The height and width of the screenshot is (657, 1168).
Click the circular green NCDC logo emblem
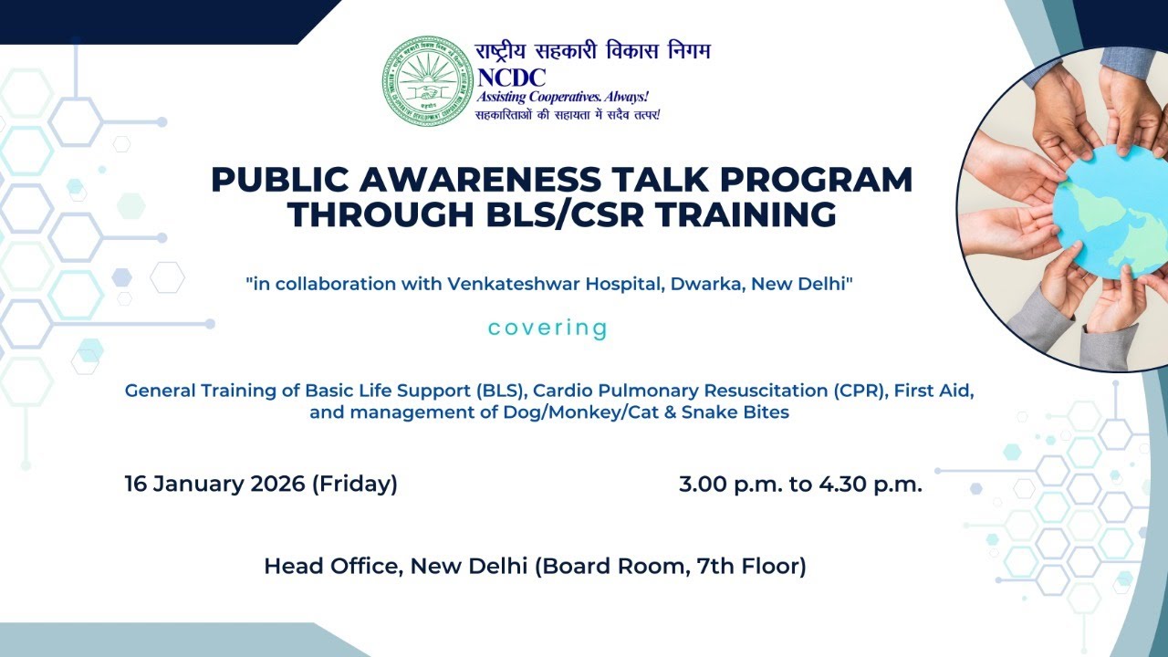[427, 80]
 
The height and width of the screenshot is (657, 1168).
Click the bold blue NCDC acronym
[511, 78]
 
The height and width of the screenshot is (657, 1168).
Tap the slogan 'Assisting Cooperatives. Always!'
[563, 97]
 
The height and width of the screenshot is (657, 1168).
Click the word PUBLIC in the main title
[274, 179]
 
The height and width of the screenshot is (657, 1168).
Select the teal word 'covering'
[547, 328]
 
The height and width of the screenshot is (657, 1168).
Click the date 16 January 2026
[214, 485]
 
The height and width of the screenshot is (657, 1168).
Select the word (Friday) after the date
[355, 485]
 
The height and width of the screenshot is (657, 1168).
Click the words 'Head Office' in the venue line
[330, 567]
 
